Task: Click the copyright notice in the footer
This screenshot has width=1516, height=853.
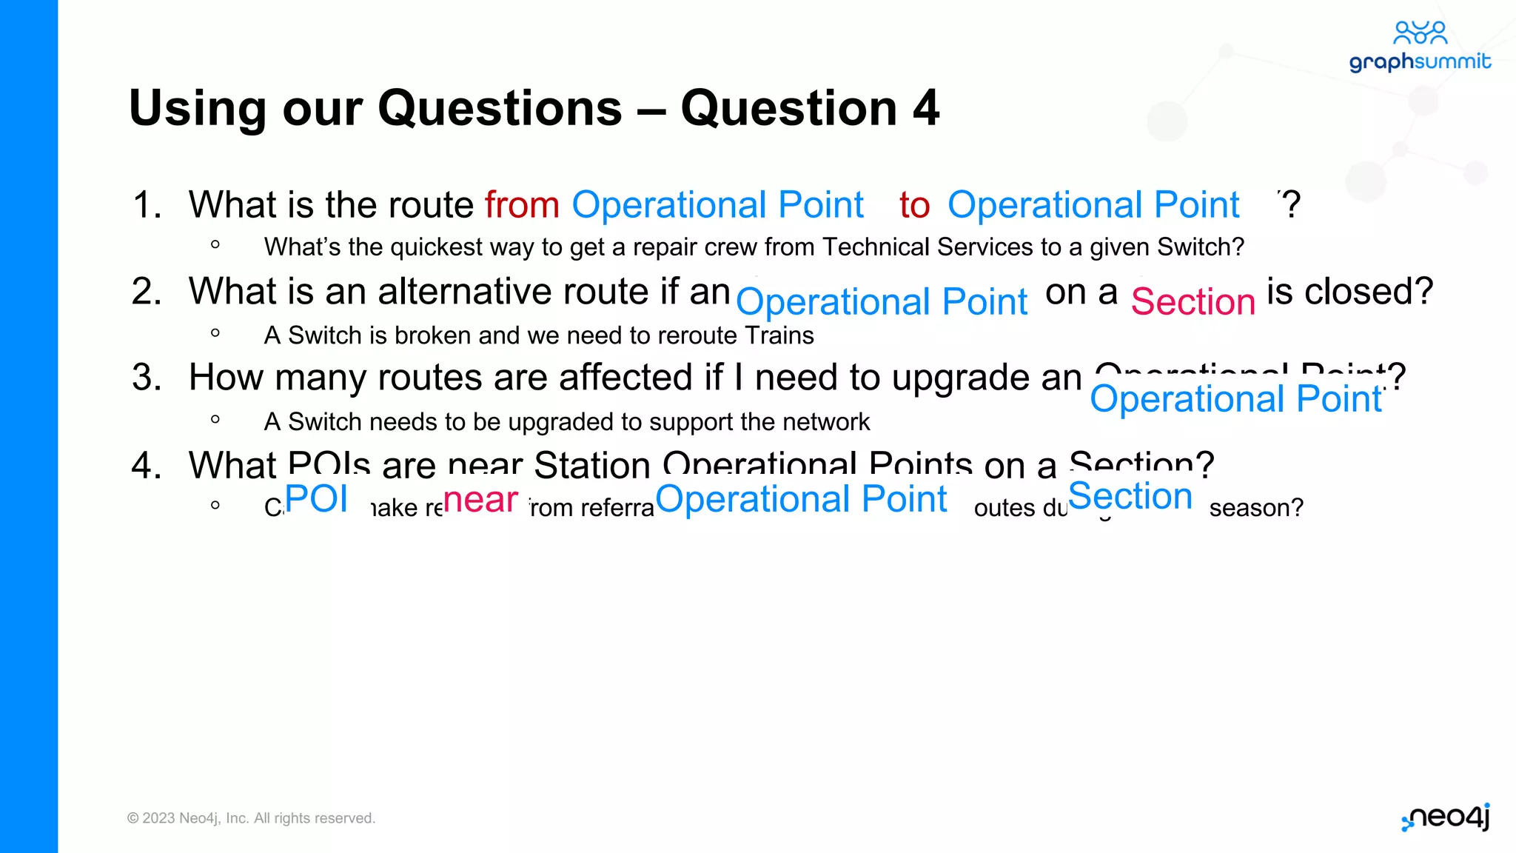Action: tap(251, 818)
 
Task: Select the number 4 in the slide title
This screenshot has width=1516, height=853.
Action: tap(925, 108)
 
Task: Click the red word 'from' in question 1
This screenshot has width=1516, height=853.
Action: tap(522, 205)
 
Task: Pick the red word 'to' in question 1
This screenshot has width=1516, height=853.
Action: tap(914, 205)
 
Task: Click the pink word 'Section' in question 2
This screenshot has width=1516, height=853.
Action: tap(1193, 302)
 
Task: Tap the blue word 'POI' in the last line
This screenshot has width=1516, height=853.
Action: tap(316, 498)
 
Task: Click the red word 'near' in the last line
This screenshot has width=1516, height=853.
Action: tap(481, 500)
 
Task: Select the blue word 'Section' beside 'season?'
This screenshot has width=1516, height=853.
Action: tap(1130, 496)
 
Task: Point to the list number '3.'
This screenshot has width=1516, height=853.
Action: tap(147, 378)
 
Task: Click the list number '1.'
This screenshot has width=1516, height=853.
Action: tap(147, 205)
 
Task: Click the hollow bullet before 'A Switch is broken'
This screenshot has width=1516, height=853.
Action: tap(215, 333)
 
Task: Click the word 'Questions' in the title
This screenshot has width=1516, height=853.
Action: tap(500, 108)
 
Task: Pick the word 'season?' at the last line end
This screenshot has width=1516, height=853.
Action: tap(1255, 508)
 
